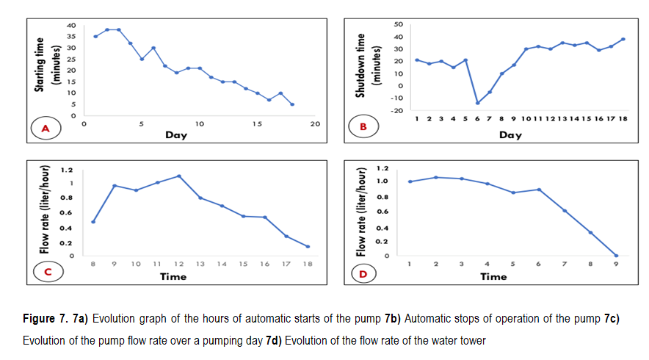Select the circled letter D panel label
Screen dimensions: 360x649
point(363,273)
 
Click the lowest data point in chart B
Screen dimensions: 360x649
point(476,103)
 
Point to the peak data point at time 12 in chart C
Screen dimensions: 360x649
point(178,176)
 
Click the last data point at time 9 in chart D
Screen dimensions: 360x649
point(616,256)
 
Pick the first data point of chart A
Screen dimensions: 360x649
point(95,36)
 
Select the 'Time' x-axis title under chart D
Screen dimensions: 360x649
point(493,277)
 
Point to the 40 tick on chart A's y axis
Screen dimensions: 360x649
point(71,25)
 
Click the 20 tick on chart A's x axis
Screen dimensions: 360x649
point(316,125)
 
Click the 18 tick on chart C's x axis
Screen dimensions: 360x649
point(308,263)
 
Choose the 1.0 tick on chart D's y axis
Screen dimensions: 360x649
point(381,181)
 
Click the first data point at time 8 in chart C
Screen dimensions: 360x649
point(93,221)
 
